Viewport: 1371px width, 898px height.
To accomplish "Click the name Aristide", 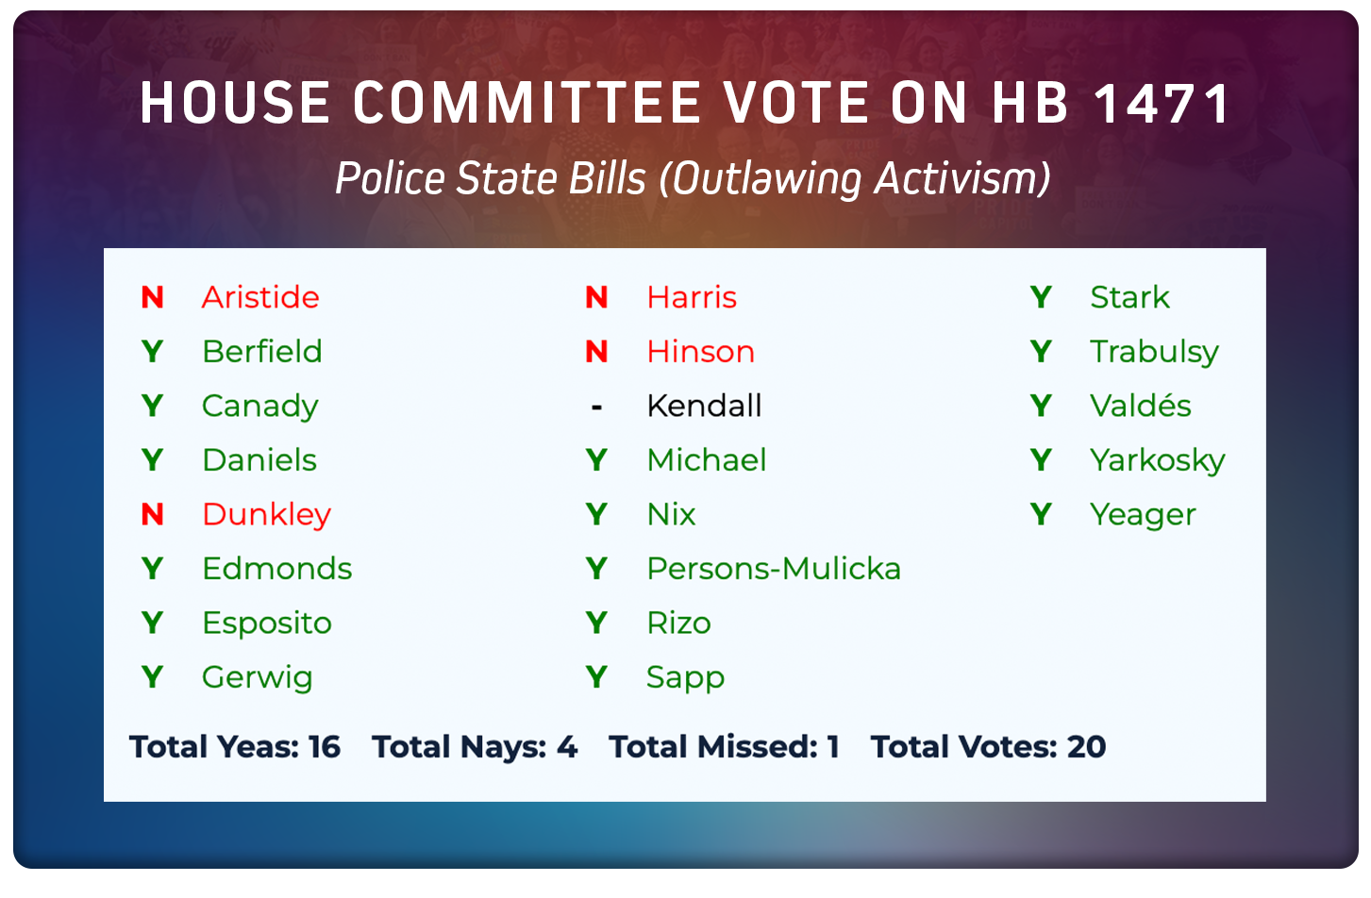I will point(260,297).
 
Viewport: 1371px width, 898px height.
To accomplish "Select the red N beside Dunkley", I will point(152,514).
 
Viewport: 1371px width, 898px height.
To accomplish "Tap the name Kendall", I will point(704,406).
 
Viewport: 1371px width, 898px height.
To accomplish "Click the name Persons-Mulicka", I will point(774,569).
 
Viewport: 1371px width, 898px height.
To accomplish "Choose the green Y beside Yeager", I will point(1041,514).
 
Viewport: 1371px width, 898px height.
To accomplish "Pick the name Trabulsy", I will point(1154,352).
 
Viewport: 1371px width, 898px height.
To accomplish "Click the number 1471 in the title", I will point(1162,103).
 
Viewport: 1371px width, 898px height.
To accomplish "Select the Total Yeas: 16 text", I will point(235,747).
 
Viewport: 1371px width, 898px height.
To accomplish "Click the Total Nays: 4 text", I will point(475,747).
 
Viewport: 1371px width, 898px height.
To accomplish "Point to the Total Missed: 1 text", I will point(724,747).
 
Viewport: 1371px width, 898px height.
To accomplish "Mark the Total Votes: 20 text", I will point(988,747).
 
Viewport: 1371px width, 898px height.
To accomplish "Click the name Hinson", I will point(700,352).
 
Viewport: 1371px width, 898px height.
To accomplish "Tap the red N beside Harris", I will point(596,297).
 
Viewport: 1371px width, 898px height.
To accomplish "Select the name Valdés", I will point(1140,406).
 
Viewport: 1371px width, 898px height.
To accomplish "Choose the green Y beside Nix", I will point(596,514).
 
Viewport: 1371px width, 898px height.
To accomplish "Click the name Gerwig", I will point(257,677).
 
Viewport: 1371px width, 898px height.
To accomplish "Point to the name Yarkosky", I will point(1157,460).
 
